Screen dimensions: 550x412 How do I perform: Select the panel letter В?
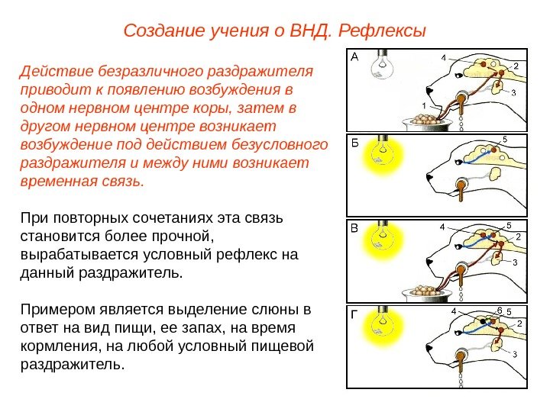(354, 227)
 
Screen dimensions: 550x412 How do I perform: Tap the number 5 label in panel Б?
(505, 139)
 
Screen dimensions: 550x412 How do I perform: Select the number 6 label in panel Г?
(499, 310)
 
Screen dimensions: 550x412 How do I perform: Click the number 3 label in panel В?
(514, 262)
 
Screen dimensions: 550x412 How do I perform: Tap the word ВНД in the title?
(308, 31)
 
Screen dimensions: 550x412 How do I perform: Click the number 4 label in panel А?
(444, 57)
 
